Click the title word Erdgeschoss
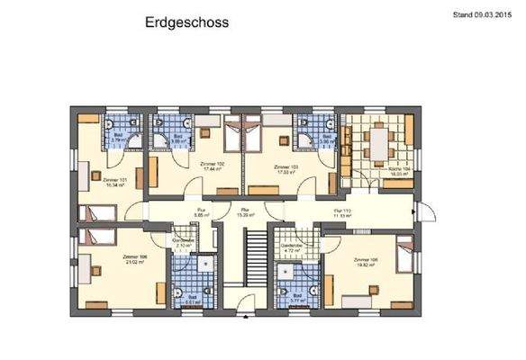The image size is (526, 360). [x=186, y=22]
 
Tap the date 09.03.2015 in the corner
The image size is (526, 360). [x=492, y=13]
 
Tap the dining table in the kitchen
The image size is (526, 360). [x=380, y=142]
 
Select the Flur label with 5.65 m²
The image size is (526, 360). [x=201, y=212]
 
